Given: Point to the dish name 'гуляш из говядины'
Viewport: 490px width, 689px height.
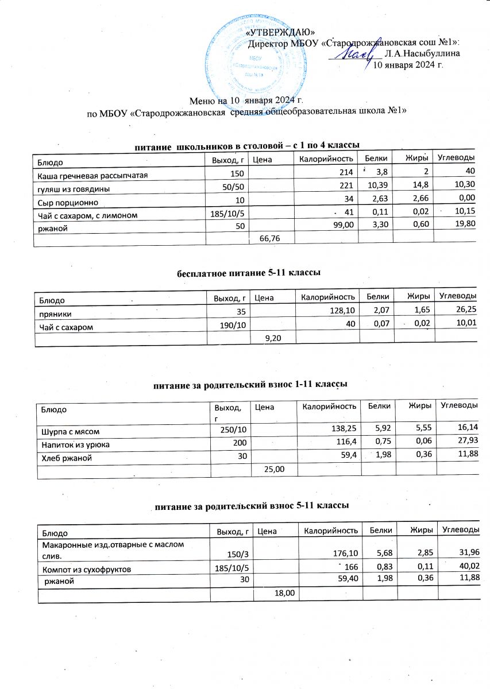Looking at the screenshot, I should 75,188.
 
